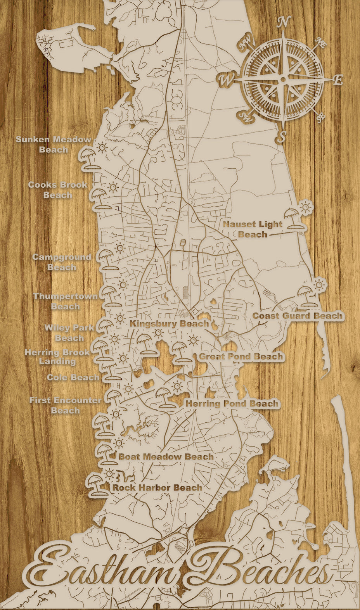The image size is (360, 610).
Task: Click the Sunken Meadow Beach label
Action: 54,144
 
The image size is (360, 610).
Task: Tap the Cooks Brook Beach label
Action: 57,190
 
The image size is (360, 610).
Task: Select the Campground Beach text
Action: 61,262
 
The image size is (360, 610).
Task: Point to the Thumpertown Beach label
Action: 65,301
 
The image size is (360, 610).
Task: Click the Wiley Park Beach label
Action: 69,332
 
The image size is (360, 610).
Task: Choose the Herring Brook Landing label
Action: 57,356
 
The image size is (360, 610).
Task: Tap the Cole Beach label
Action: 73,377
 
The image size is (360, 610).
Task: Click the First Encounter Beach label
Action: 65,405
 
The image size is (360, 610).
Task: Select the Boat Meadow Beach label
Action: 166,456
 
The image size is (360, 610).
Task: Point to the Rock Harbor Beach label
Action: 157,487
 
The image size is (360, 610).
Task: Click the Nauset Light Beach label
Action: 253,229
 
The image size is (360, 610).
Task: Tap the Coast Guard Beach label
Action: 298,316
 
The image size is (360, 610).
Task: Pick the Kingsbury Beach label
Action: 169,323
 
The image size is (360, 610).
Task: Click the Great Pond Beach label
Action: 241,356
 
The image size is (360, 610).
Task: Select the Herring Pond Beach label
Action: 232,403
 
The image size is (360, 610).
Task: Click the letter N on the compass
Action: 284,22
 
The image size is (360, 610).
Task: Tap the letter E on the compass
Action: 338,80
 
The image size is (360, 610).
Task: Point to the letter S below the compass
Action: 283,136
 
